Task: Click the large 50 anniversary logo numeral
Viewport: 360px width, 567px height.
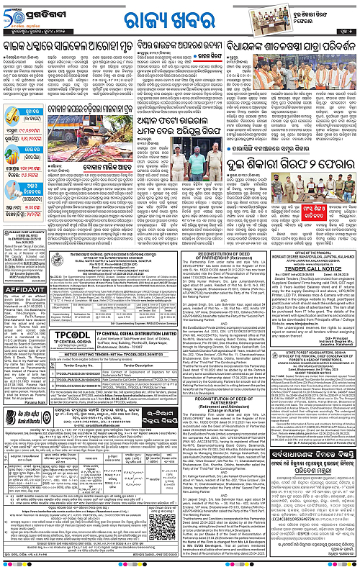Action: [12, 13]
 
